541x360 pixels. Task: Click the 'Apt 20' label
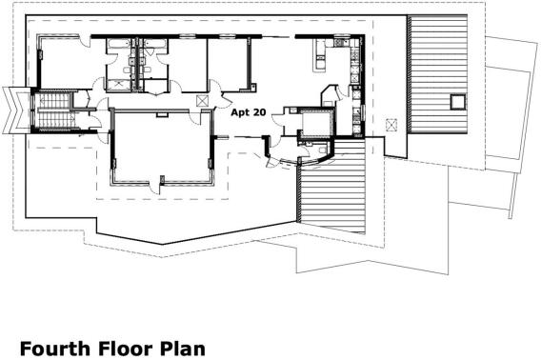pos(248,111)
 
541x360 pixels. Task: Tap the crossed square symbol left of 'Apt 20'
pos(201,100)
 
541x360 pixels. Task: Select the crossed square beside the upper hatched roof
pos(390,124)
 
